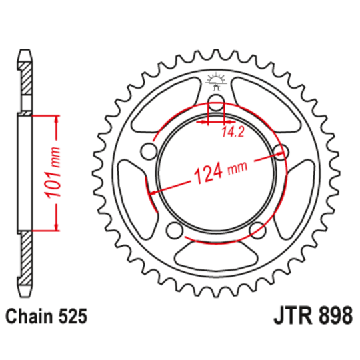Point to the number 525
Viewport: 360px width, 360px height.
point(71,314)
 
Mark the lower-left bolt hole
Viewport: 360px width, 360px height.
point(174,229)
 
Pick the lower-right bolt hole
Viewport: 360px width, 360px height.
point(257,229)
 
